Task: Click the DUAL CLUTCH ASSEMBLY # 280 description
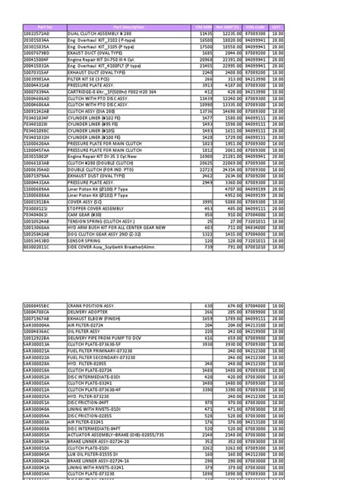point(99,34)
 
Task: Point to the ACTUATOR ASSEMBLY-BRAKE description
point(122,433)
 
